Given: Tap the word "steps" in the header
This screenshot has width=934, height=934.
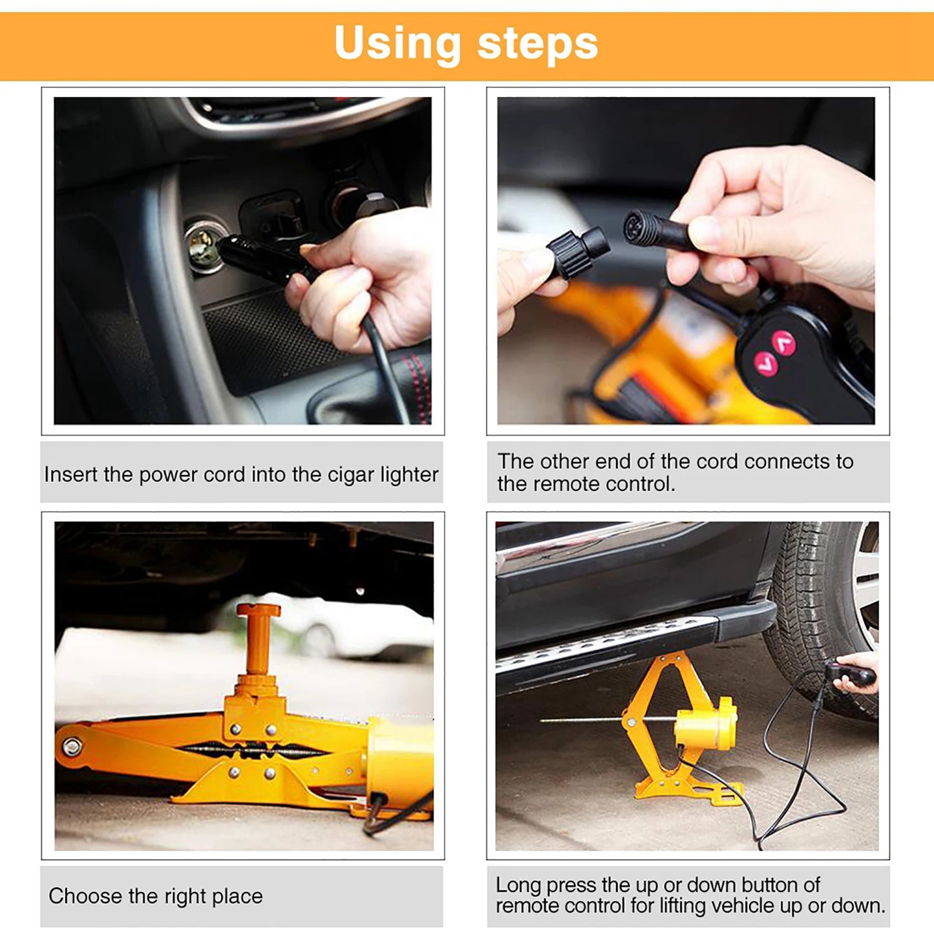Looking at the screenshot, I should [538, 44].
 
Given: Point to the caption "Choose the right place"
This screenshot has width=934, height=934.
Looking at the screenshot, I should [156, 897].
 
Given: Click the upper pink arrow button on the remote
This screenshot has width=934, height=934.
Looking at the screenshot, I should [785, 342].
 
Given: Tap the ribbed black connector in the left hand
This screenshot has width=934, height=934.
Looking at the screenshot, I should [577, 252].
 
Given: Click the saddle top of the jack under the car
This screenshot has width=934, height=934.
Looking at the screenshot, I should [259, 610].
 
